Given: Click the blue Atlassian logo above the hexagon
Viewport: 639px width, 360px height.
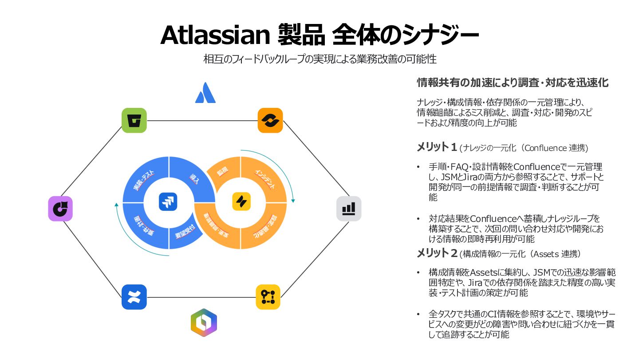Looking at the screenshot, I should tap(205, 92).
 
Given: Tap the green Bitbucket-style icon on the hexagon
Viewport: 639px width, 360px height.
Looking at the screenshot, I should tap(134, 120).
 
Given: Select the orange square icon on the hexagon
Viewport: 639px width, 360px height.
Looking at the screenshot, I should tap(270, 120).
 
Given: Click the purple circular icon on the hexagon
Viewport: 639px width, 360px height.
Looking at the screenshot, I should tap(60, 209).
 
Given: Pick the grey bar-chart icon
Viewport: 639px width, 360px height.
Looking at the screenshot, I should tap(349, 209).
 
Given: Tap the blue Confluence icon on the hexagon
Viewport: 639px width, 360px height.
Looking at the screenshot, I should tap(134, 297).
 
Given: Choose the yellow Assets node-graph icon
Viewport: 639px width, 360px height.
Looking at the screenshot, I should tap(268, 297).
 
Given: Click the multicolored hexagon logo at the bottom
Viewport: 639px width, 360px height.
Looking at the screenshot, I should tap(204, 322).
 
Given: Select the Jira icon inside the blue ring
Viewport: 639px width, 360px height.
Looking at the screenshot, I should tap(168, 202).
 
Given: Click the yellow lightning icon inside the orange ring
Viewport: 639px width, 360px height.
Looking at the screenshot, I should tap(241, 202).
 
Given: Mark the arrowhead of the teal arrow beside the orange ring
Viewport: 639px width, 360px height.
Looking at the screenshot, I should tap(293, 201).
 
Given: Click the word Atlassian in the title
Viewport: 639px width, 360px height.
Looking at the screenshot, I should tap(215, 36).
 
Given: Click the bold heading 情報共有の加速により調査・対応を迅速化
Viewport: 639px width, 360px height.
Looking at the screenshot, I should tap(513, 83).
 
